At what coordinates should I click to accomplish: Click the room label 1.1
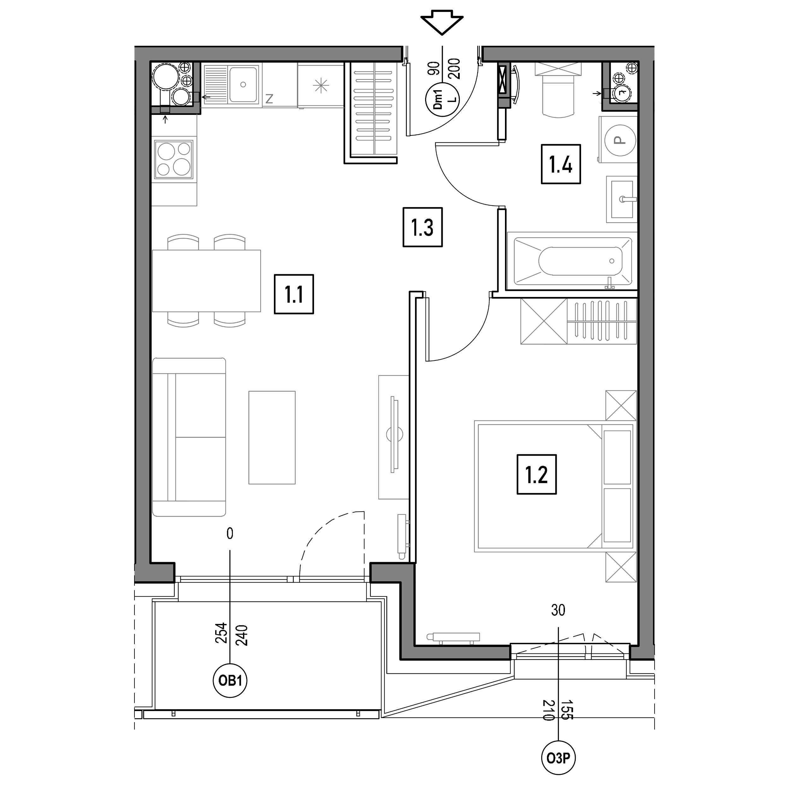click(294, 294)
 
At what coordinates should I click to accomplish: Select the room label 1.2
click(536, 474)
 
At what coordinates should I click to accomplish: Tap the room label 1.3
click(422, 227)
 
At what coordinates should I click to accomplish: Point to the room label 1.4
click(561, 164)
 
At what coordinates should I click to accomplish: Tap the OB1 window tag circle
click(230, 681)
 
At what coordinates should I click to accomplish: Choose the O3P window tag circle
click(558, 758)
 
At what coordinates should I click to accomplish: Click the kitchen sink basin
click(243, 85)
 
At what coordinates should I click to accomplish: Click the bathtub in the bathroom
click(572, 261)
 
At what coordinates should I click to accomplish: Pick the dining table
click(206, 281)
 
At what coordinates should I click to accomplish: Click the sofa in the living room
click(189, 437)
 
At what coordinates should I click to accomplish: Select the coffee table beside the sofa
click(272, 437)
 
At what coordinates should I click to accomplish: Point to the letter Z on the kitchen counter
click(269, 98)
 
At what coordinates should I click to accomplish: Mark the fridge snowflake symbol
click(321, 86)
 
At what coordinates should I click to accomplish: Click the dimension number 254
click(221, 632)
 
